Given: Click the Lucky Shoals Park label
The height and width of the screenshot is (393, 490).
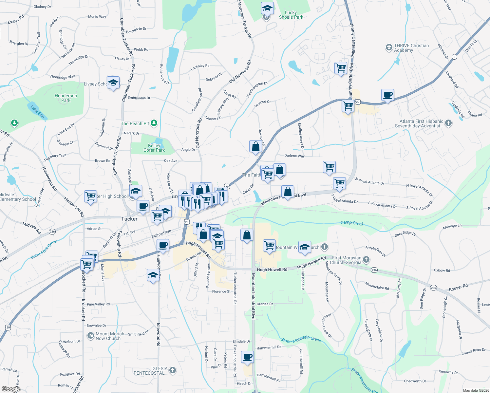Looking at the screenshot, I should [291, 15].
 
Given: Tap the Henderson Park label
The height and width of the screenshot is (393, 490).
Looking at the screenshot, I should [66, 98].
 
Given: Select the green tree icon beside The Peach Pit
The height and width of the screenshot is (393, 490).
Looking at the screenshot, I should [154, 123].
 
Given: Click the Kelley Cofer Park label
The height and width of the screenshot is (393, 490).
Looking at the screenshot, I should [154, 148].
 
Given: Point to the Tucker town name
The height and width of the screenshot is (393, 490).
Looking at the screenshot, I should [129, 219].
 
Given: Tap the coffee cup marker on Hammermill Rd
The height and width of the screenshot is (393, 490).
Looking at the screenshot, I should [248, 357].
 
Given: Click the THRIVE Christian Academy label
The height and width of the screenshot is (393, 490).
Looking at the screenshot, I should [411, 48].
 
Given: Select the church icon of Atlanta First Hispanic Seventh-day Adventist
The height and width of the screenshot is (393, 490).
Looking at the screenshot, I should [448, 123].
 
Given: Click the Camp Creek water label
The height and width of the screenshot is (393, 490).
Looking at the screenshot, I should [352, 223].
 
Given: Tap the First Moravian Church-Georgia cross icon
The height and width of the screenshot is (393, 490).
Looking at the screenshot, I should [366, 260].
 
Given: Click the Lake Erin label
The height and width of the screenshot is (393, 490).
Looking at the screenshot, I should [37, 111].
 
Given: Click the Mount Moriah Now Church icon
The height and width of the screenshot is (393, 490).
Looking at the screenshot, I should [90, 336].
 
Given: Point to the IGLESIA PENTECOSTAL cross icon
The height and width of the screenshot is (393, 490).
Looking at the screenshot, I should [172, 370].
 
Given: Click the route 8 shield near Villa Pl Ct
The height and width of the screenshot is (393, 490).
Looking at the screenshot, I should [454, 57].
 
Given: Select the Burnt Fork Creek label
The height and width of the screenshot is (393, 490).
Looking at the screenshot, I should [44, 249].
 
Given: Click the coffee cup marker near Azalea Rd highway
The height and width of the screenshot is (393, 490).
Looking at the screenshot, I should [388, 95].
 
